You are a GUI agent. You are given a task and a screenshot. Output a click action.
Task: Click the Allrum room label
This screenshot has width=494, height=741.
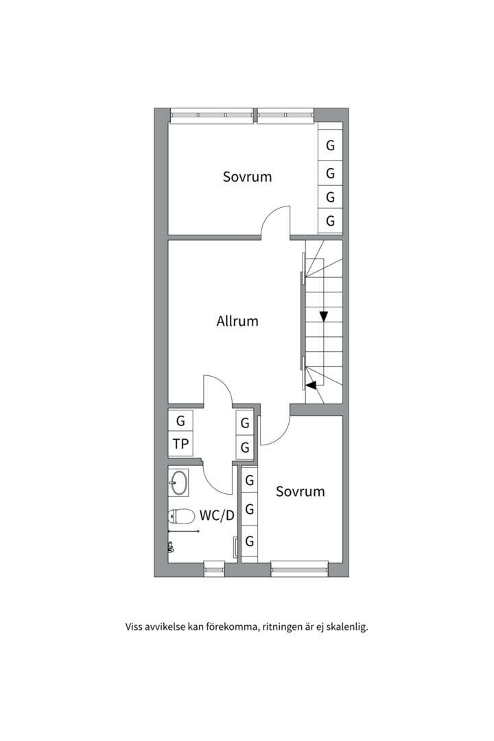(237, 320)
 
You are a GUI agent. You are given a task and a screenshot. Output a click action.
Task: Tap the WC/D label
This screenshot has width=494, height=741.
(217, 515)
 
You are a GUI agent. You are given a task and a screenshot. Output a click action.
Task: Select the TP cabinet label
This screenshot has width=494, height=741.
(180, 444)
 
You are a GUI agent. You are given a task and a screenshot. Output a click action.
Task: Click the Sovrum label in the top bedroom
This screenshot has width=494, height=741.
(247, 176)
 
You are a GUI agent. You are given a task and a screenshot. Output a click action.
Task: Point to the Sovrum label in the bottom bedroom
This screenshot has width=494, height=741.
(300, 491)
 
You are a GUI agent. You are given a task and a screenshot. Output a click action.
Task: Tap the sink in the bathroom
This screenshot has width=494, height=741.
(179, 482)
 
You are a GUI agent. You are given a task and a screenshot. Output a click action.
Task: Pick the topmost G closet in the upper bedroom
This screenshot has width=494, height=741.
(330, 145)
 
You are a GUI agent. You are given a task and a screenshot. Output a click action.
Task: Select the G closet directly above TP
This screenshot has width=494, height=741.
(180, 421)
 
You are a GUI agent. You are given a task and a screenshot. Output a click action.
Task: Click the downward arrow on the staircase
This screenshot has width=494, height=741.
(323, 316)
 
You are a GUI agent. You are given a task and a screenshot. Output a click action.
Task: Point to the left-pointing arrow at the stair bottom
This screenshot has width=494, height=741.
(311, 385)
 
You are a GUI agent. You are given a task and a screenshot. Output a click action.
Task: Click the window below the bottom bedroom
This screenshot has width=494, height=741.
(300, 568)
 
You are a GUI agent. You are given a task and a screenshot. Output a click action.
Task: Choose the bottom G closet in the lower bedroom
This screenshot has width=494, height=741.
(250, 541)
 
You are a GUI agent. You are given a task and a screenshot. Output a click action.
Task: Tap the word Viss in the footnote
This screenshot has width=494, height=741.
(134, 626)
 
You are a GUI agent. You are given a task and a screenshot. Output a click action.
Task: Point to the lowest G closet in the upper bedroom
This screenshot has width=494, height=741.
(330, 221)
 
